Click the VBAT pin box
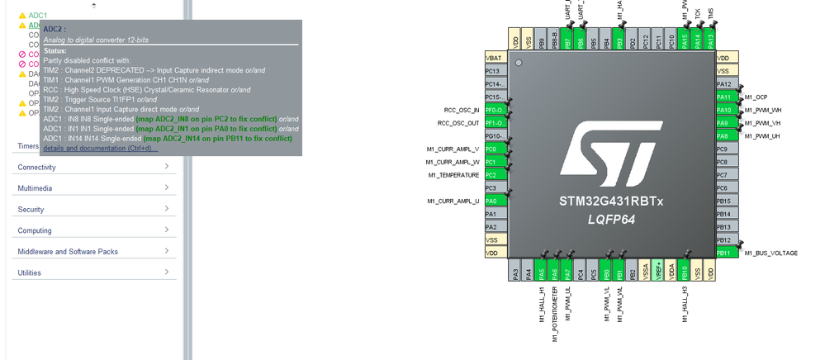coord(495,58)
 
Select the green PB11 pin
coord(723,253)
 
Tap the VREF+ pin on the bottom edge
coord(658,272)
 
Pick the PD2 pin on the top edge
coord(632,40)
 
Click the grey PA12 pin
coord(723,84)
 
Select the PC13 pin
coord(495,71)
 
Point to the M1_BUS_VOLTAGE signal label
coord(770,253)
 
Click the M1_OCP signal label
coord(756,97)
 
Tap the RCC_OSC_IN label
coord(461,110)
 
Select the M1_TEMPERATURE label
coord(453,175)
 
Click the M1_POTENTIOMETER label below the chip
coord(556,314)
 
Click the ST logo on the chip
coord(610,157)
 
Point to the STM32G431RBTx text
coord(610,201)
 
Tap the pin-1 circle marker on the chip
coord(519,63)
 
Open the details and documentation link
coord(100,148)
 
